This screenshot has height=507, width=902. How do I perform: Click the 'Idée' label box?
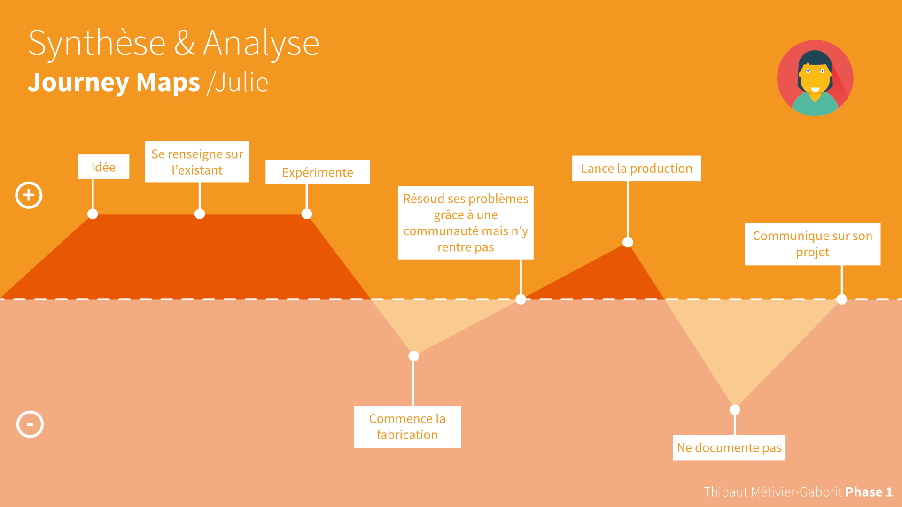(103, 167)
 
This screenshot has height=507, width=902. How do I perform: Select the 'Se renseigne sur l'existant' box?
(197, 161)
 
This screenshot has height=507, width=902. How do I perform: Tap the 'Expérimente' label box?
(318, 172)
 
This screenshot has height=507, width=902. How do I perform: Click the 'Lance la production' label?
(637, 168)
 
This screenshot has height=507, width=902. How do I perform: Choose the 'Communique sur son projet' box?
(813, 244)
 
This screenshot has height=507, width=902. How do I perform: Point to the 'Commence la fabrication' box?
(407, 427)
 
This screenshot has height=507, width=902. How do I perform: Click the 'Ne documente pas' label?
(729, 447)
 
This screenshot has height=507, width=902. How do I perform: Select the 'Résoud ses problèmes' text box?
(466, 223)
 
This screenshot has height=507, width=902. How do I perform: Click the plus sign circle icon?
(29, 195)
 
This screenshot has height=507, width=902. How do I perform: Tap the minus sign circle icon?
(30, 424)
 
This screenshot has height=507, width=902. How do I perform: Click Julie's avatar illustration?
(815, 78)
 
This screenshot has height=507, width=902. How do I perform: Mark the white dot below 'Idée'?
(93, 214)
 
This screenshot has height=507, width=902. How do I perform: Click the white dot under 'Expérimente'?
(307, 214)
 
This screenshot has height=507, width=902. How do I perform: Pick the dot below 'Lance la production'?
(628, 242)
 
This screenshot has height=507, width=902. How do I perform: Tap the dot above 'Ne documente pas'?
(735, 410)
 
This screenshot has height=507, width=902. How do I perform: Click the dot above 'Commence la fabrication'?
(414, 356)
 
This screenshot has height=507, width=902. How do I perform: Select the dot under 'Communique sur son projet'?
(842, 299)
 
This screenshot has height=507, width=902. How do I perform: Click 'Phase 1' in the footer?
(869, 492)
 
